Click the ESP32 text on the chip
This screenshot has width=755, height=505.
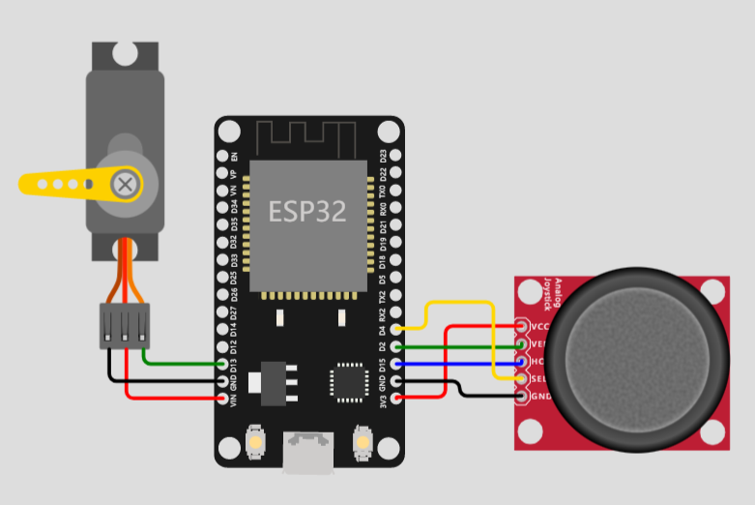pos(307,212)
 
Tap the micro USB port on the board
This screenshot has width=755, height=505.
pos(308,454)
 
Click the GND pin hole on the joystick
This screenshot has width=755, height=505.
pos(523,397)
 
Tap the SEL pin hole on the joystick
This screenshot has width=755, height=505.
pos(523,379)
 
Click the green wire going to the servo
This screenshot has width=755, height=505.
pos(184,363)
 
